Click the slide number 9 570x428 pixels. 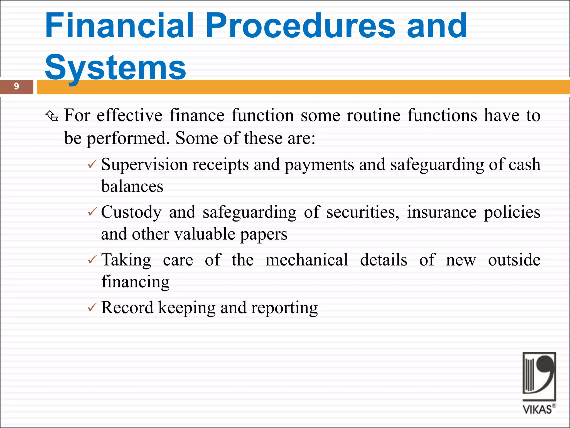(x=16, y=86)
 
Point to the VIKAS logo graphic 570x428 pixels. (x=539, y=376)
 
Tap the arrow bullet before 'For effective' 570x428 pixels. (x=52, y=116)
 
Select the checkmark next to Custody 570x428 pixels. (x=92, y=212)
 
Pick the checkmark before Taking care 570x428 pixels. (x=92, y=260)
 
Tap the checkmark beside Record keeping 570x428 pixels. (x=92, y=308)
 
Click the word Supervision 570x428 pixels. (x=144, y=165)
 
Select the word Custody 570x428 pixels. (x=131, y=213)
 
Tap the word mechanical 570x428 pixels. (x=306, y=260)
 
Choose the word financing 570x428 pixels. (x=135, y=282)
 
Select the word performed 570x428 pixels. (x=127, y=138)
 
